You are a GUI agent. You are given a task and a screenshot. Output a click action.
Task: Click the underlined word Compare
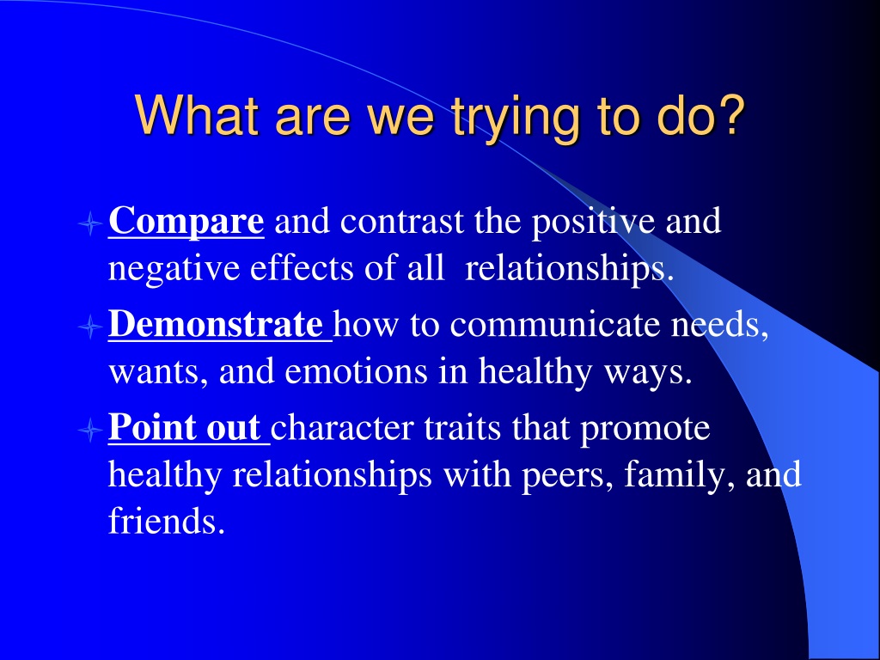[186, 222]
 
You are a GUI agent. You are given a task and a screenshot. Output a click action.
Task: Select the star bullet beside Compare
[89, 223]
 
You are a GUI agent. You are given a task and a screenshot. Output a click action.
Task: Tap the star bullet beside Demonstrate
[89, 326]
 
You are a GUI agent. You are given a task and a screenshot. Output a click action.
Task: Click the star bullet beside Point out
[89, 430]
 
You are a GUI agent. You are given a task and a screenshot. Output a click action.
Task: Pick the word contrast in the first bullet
[402, 221]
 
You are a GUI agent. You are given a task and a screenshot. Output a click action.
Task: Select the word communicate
[555, 324]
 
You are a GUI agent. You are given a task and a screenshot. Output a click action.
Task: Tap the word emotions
[356, 371]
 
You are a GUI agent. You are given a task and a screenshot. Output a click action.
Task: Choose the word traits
[462, 428]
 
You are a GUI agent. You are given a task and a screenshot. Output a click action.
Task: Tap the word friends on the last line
[167, 521]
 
